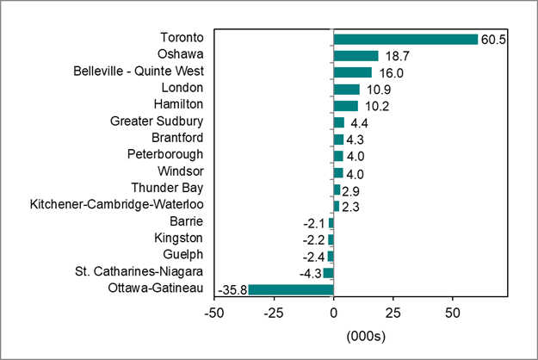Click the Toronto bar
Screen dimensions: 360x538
[405, 39]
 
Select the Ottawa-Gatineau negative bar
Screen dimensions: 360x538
[290, 289]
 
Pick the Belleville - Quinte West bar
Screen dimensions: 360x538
[352, 72]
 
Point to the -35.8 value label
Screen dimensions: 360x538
[232, 289]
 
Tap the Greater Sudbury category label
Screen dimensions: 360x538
[157, 121]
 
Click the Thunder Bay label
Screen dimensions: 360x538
[167, 189]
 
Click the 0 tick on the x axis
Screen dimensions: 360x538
[333, 310]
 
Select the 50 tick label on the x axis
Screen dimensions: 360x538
[452, 310]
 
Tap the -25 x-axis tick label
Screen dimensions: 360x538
[273, 310]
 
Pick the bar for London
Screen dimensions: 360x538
[346, 89]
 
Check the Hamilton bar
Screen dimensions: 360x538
[345, 106]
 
